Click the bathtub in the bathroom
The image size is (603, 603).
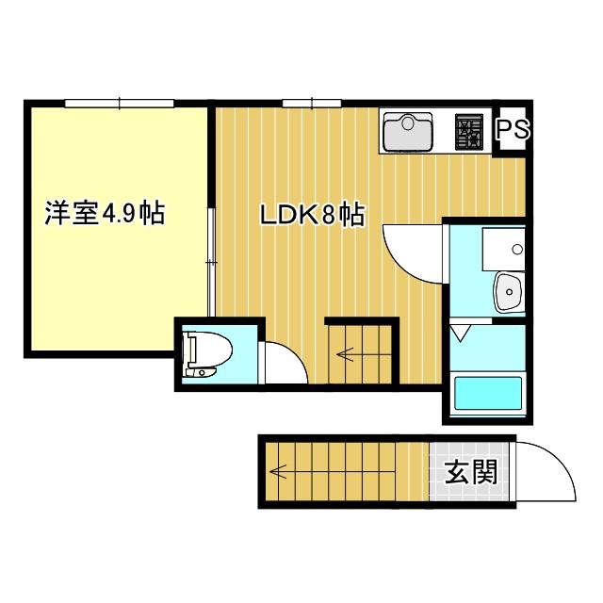click(488, 394)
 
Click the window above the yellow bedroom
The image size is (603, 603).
click(120, 103)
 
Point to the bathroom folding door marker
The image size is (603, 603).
click(459, 334)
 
